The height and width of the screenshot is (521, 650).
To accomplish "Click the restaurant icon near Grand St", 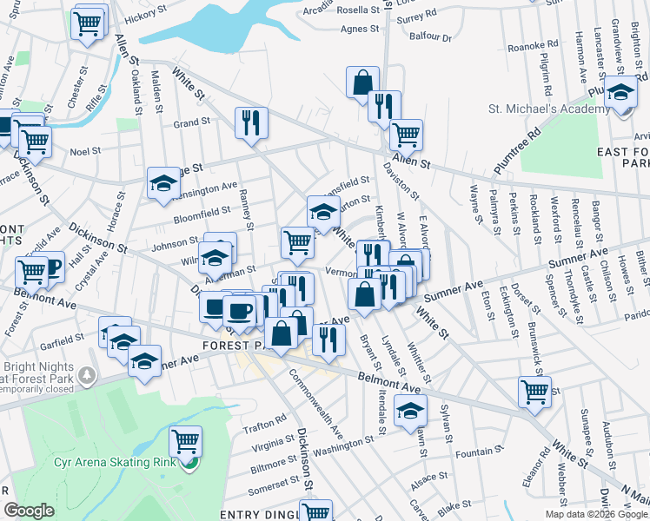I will (x=251, y=122).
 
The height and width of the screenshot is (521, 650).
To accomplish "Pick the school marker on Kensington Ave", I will (x=162, y=183).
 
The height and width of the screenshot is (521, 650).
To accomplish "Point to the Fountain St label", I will (x=474, y=453).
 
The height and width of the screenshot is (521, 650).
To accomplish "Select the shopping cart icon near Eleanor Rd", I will (x=534, y=391).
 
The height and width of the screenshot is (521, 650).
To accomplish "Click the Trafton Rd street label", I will (x=264, y=422).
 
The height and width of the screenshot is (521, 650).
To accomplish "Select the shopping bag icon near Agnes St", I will (x=362, y=82).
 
